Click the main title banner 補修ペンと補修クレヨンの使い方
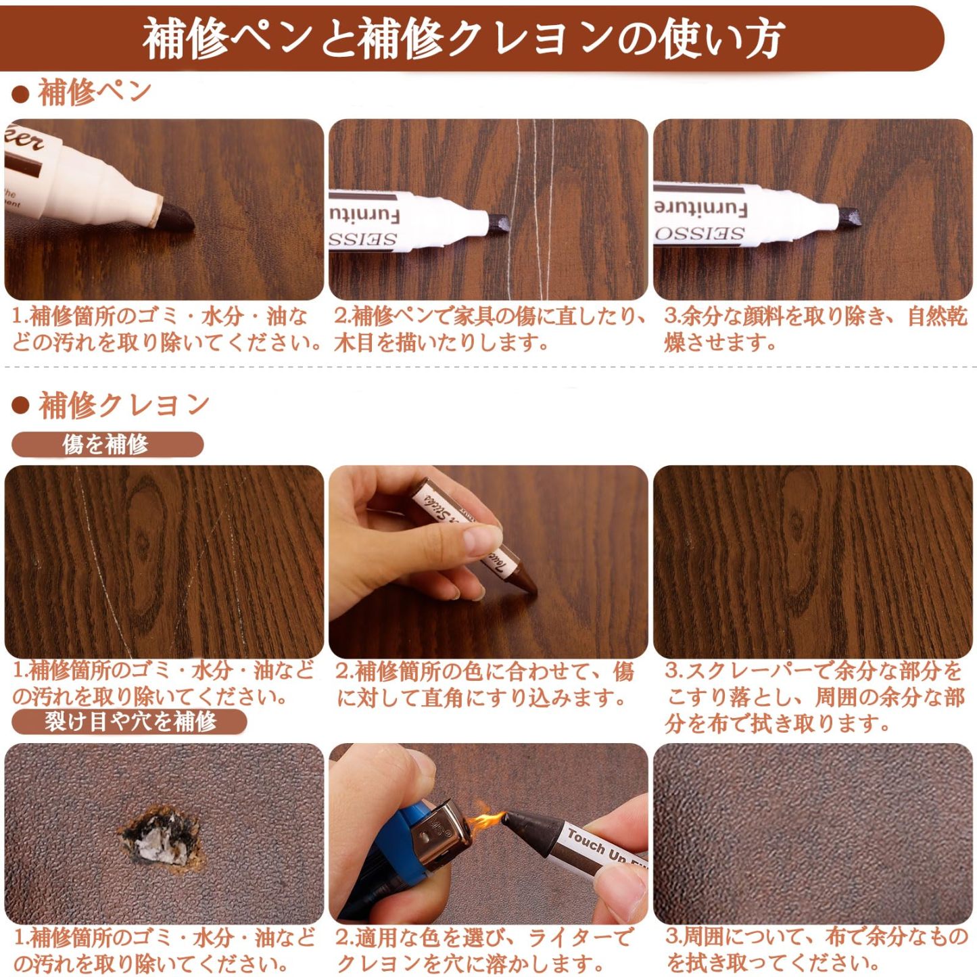[x=464, y=39]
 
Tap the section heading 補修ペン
[x=95, y=93]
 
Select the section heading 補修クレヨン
[x=124, y=405]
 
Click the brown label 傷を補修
[x=106, y=444]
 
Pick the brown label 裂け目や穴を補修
[x=129, y=721]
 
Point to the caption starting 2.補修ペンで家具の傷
[x=489, y=329]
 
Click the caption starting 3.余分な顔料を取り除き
[x=815, y=329]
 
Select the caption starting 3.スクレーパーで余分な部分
[x=815, y=697]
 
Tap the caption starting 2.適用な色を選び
[x=483, y=950]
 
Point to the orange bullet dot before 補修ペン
[x=20, y=95]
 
